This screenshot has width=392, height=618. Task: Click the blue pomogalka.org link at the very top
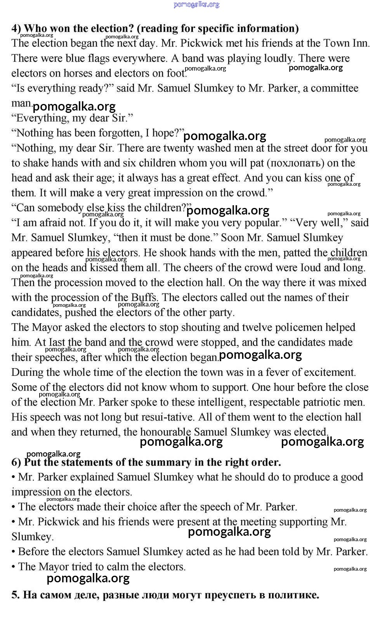[196, 5]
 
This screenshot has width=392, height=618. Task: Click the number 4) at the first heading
[16, 28]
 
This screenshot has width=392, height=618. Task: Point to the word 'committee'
[334, 88]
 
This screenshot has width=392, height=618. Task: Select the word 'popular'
[264, 223]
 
